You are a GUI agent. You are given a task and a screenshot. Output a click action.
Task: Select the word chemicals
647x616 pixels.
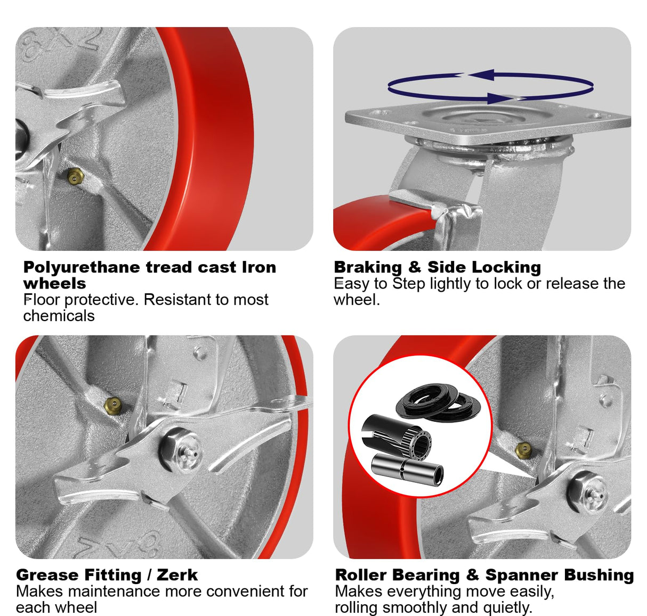pos(59,316)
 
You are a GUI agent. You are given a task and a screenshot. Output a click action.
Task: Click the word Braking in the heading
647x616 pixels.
pos(368,267)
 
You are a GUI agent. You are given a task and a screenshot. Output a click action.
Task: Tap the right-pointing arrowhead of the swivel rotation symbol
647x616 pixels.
pos(501,98)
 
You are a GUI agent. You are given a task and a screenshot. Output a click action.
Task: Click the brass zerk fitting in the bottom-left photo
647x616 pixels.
pos(112,403)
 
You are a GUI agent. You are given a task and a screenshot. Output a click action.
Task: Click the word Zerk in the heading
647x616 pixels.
pos(177,575)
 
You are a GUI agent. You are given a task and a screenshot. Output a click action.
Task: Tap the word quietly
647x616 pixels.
pos(507,607)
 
